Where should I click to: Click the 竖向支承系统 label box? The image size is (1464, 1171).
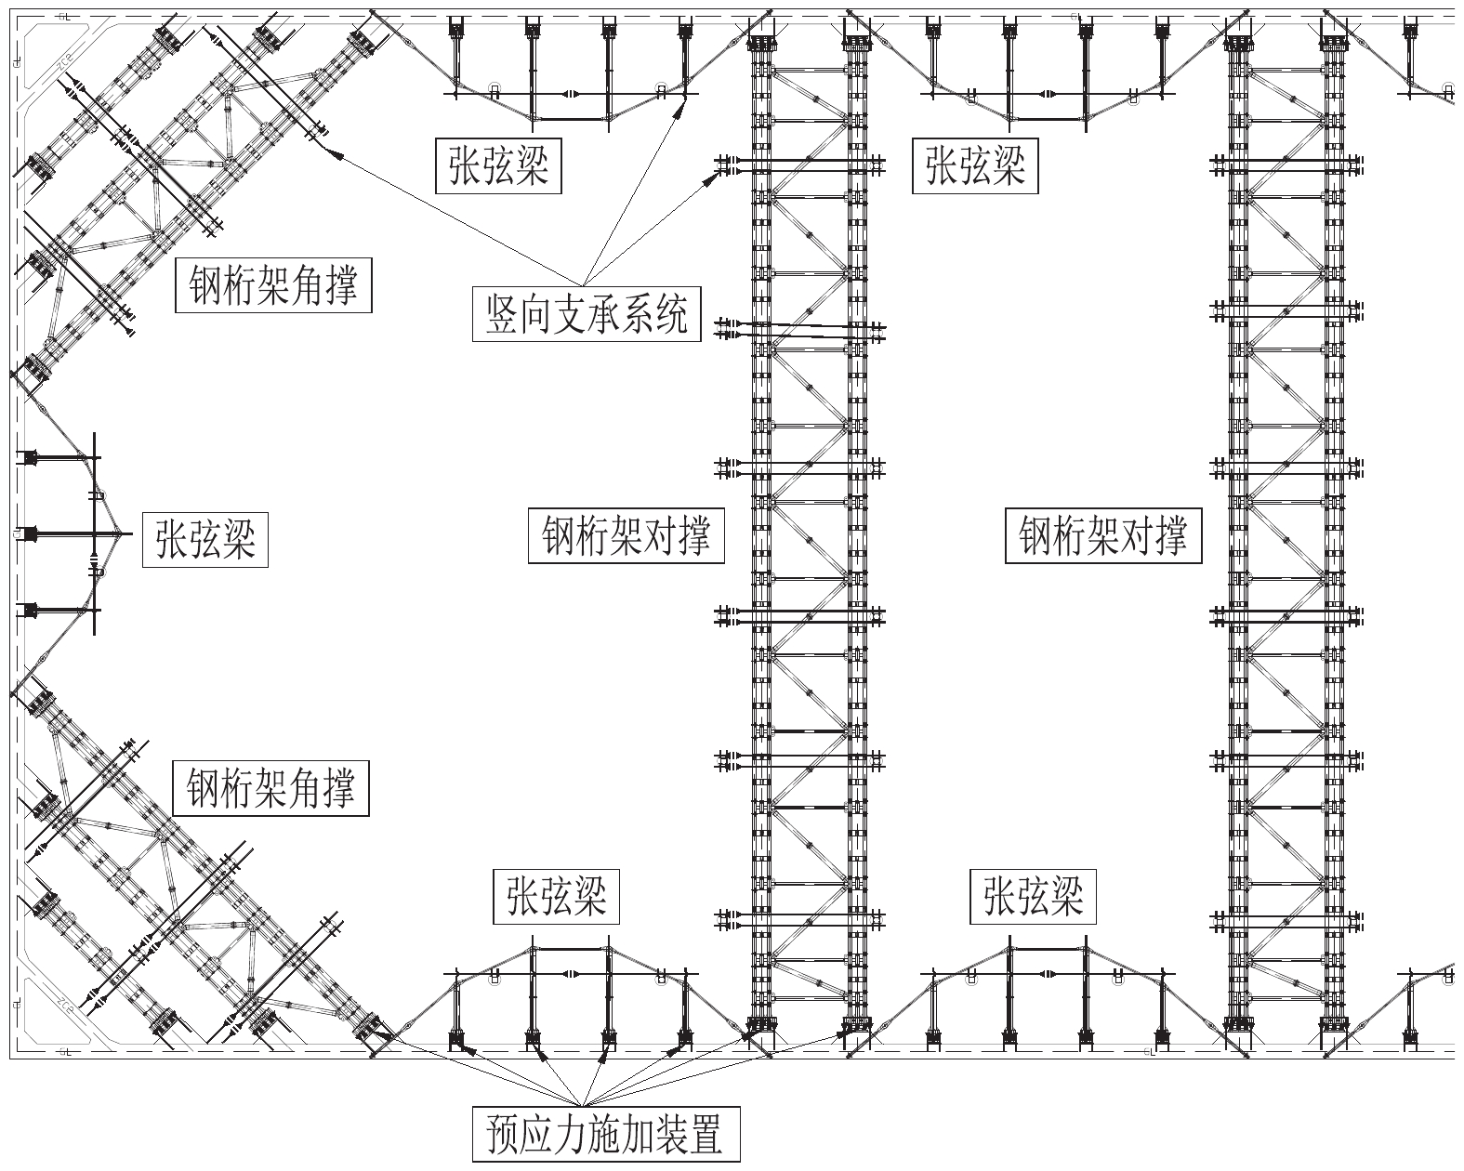587,315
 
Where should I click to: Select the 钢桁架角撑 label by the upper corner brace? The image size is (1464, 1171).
273,285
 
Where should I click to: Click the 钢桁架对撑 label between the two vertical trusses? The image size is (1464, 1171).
1102,536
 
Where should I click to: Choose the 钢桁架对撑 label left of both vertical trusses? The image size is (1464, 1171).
626,536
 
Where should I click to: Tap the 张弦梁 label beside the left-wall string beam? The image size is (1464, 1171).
205,540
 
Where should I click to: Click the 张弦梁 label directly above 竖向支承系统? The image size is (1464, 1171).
499,166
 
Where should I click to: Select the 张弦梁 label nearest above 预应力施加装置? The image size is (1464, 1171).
556,896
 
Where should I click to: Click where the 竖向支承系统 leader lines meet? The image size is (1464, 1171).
585,284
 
